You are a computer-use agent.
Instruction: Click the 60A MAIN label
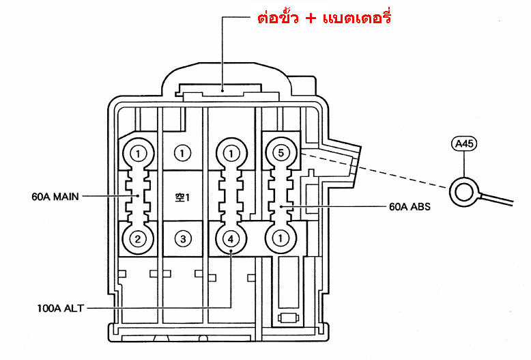click(x=55, y=197)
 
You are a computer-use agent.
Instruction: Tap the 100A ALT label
click(x=60, y=308)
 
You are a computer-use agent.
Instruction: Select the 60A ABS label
click(x=410, y=206)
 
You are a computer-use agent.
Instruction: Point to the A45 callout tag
click(x=464, y=143)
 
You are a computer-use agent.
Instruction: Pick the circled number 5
click(x=281, y=153)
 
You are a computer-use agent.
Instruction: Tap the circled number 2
click(x=137, y=239)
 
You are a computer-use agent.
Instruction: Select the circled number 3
click(x=183, y=239)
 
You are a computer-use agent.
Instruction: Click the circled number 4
click(x=231, y=239)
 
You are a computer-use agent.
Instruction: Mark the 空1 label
click(x=182, y=197)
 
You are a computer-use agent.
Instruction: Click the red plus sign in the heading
click(x=311, y=18)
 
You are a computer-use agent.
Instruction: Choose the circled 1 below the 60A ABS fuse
click(x=280, y=238)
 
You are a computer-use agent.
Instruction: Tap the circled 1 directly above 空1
click(x=182, y=154)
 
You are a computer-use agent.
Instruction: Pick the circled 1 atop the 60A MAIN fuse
click(x=138, y=154)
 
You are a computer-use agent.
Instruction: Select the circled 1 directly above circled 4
click(x=231, y=154)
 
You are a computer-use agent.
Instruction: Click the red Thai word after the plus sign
click(x=357, y=17)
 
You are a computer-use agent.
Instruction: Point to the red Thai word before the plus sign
click(x=278, y=17)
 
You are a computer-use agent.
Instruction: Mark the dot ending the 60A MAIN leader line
click(x=138, y=195)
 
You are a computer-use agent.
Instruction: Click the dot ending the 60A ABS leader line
click(x=281, y=206)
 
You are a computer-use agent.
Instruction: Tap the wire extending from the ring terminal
click(x=496, y=199)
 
